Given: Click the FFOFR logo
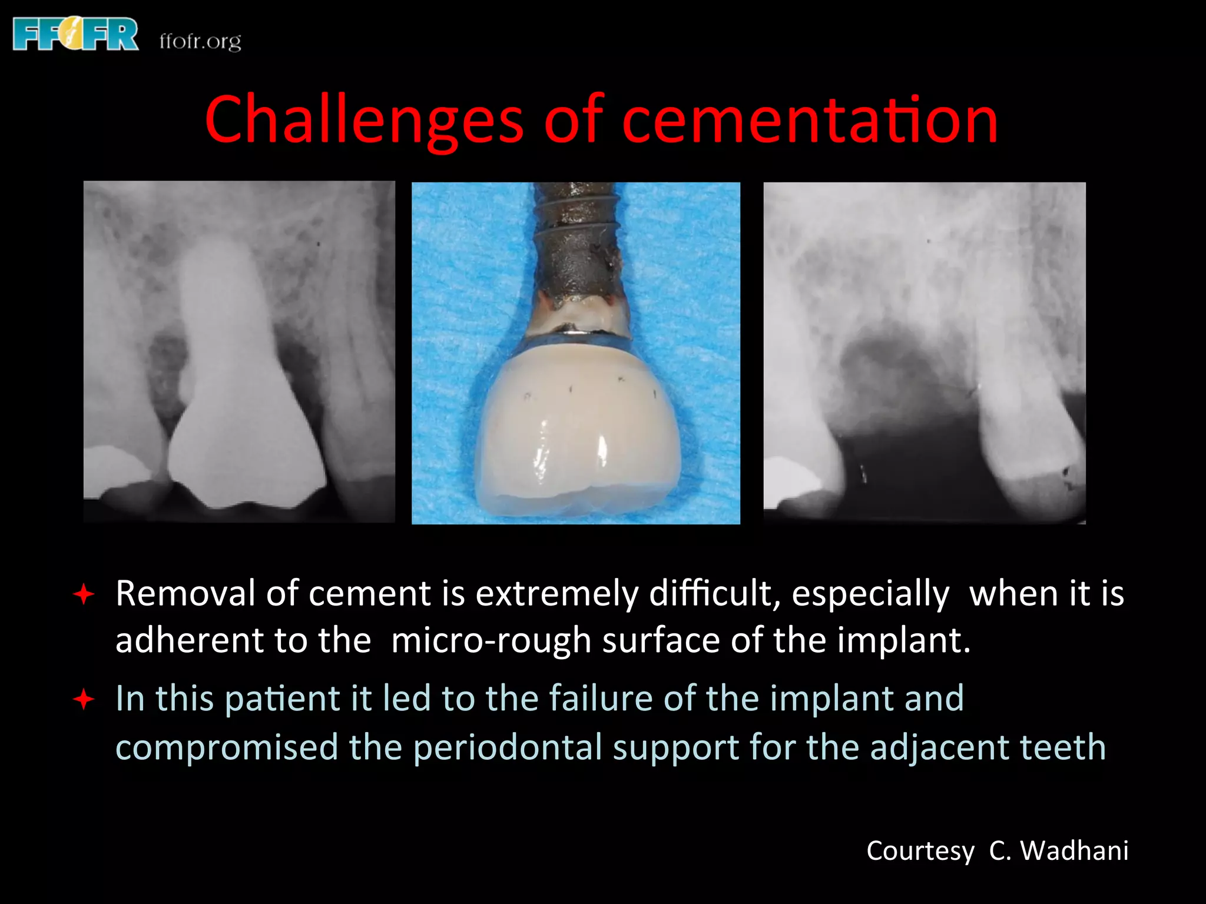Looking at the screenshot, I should click(x=75, y=34).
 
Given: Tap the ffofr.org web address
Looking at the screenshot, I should click(x=200, y=41).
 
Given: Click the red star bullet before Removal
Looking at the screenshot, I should click(x=84, y=594).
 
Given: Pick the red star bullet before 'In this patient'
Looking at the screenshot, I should click(x=84, y=699).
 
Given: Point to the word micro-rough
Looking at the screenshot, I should click(x=491, y=640).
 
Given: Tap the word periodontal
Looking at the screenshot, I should click(x=508, y=747).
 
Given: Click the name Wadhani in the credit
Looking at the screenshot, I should click(x=1074, y=850).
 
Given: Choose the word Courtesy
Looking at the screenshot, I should click(x=920, y=851).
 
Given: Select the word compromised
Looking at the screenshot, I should click(x=227, y=747).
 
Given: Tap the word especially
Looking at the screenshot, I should click(x=870, y=594).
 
